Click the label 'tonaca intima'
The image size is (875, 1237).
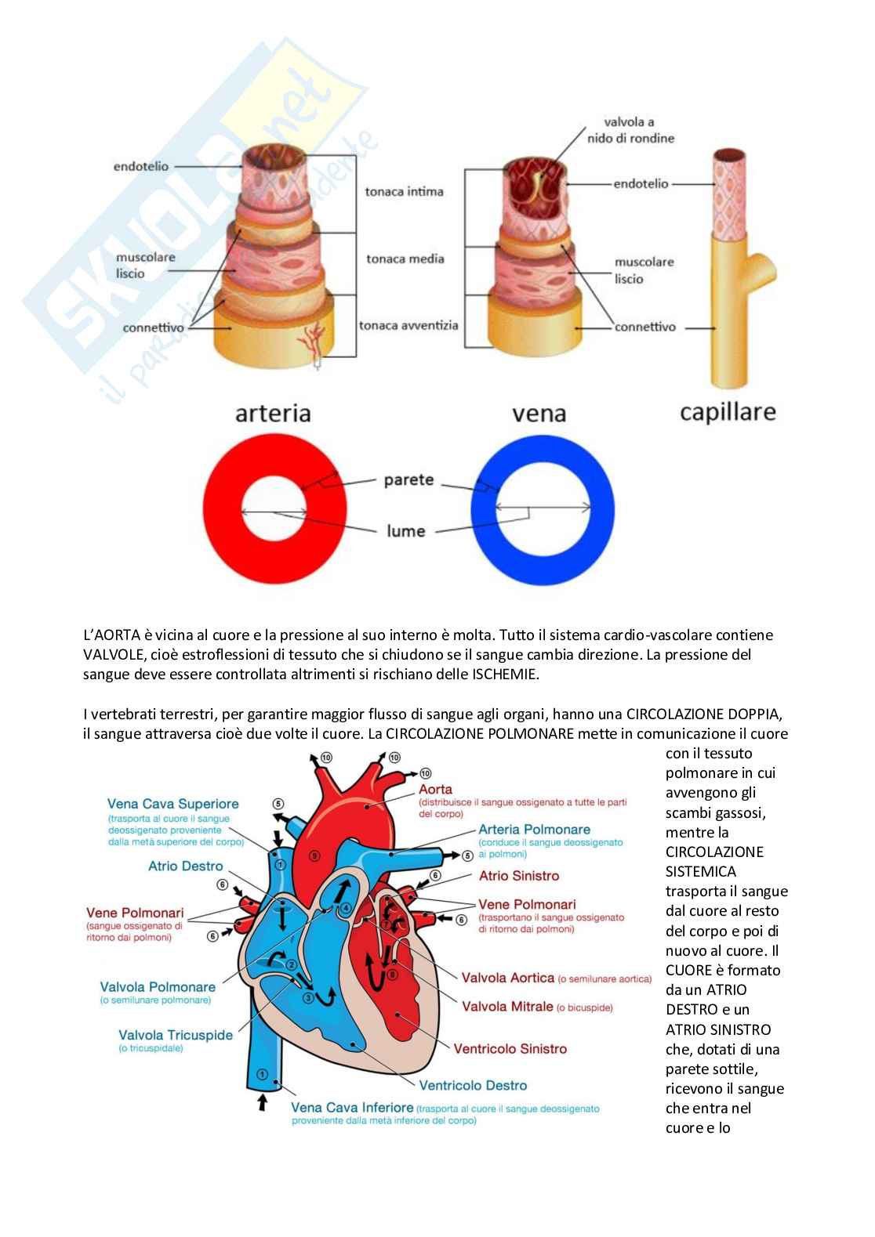[404, 192]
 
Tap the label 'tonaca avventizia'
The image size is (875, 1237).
[408, 325]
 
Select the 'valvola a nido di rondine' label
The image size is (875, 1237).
[630, 130]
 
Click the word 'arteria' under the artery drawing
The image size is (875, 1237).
[273, 413]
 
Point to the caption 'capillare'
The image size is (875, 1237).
[728, 413]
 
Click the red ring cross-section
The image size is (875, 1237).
[221, 508]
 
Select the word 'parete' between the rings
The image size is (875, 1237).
[409, 480]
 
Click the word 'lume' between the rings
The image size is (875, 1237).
[405, 530]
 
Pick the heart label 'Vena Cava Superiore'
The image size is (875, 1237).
[173, 804]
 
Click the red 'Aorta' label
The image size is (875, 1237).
[436, 789]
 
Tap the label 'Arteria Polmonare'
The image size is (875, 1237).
[535, 829]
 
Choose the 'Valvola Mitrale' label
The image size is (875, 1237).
[507, 1006]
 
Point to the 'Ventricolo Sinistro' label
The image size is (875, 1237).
[510, 1048]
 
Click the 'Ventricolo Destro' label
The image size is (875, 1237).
[473, 1085]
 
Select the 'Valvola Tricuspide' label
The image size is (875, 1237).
[176, 1035]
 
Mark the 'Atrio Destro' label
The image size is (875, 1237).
[186, 866]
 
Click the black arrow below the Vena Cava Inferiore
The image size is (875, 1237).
[263, 1102]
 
